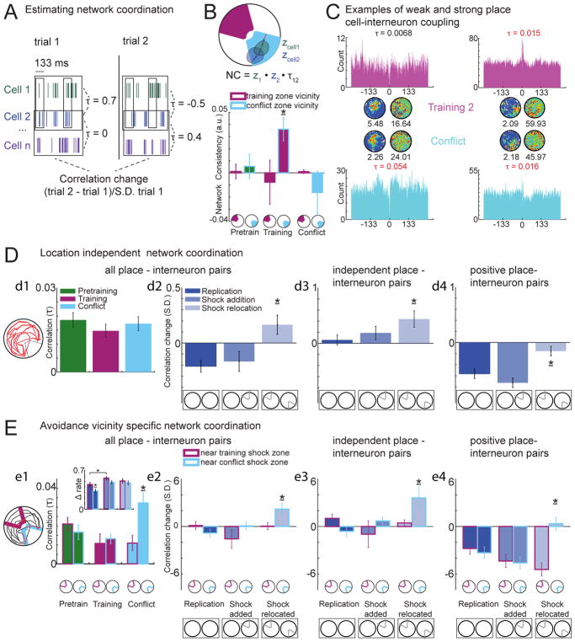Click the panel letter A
9,10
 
